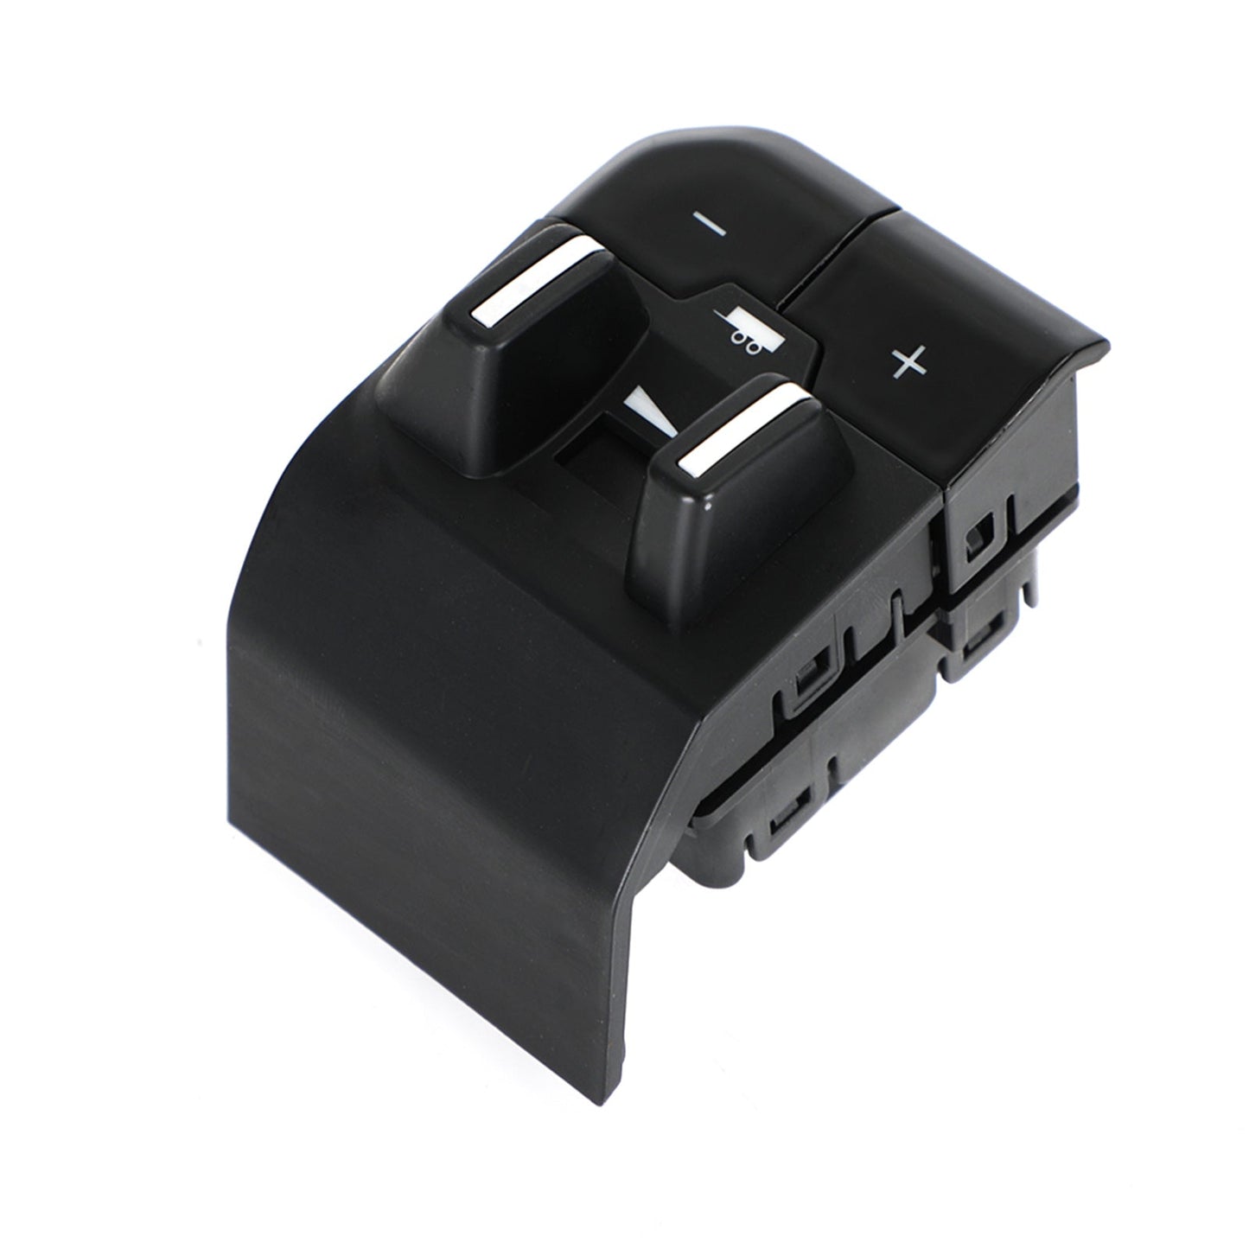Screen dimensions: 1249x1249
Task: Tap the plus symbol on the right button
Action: point(908,362)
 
